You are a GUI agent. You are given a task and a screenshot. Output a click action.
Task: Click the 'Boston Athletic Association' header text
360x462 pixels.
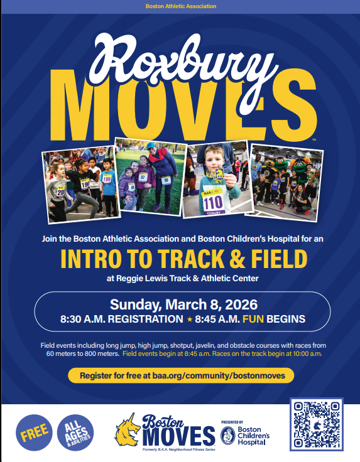tap(180, 6)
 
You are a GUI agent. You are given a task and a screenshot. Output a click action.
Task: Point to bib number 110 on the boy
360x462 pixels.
tap(212, 201)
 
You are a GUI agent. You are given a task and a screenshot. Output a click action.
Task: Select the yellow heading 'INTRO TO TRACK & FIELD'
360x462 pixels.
tap(180, 259)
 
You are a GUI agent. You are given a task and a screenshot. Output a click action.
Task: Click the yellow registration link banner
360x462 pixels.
tap(180, 375)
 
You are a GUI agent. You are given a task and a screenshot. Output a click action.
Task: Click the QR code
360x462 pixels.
tap(316, 424)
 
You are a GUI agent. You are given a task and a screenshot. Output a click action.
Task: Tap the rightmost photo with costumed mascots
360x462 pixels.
tap(282, 181)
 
